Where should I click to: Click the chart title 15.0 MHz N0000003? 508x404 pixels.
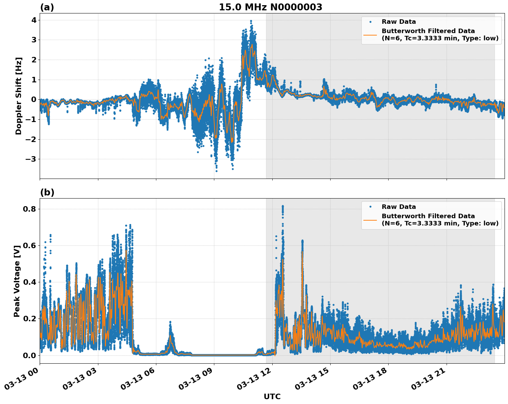tap(270, 7)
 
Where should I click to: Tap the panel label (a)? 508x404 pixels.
tap(47, 7)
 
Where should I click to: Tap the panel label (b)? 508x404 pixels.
tap(47, 192)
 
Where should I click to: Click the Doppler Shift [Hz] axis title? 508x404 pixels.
tap(19, 96)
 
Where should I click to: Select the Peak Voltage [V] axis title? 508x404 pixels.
tap(17, 281)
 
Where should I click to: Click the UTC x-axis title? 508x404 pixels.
tap(272, 396)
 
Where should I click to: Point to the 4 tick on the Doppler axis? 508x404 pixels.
tap(34, 20)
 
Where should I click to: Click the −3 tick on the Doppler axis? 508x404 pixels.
tap(31, 159)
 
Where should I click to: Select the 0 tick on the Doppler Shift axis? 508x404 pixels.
tap(34, 100)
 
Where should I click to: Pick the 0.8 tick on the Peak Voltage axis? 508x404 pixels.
tap(30, 209)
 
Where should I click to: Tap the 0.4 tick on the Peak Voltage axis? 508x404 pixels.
tap(30, 282)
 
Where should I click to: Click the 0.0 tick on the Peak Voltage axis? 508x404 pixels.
tap(30, 355)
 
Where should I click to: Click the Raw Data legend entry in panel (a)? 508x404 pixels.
tap(399, 22)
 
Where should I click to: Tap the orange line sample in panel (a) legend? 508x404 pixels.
tap(370, 34)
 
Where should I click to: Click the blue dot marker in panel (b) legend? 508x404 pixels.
tap(370, 207)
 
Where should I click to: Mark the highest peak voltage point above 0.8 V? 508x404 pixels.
tap(283, 206)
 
